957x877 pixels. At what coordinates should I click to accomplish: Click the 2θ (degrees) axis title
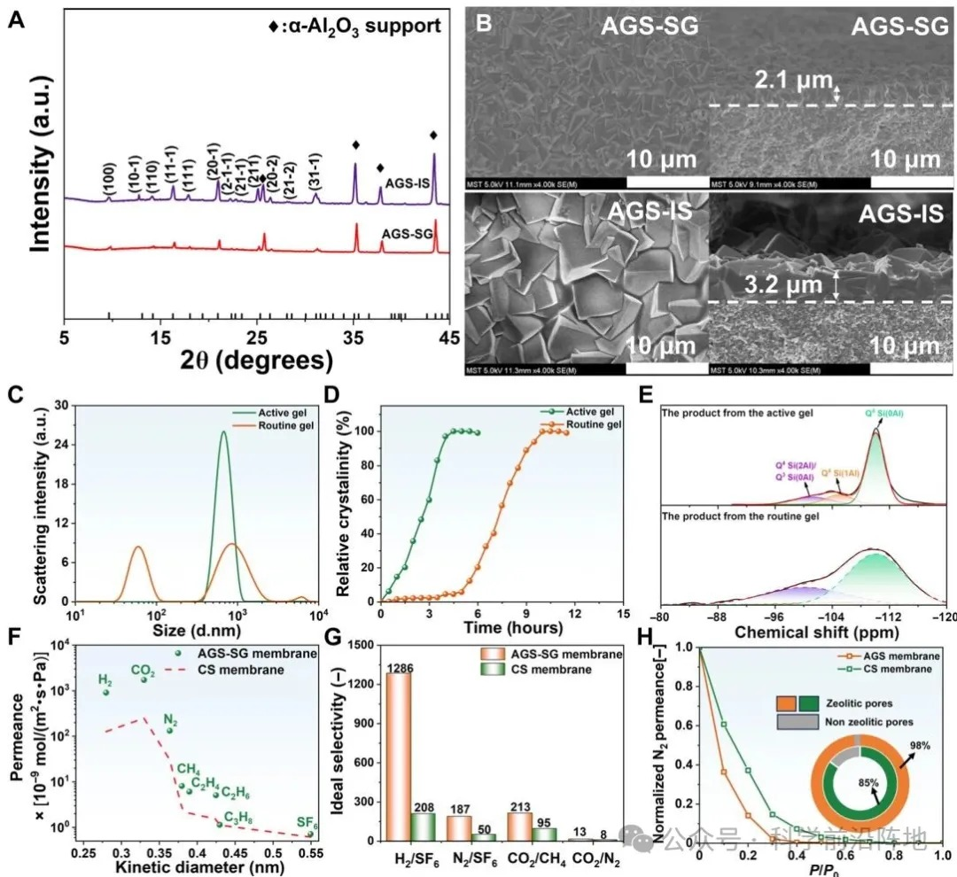[x=257, y=361]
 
